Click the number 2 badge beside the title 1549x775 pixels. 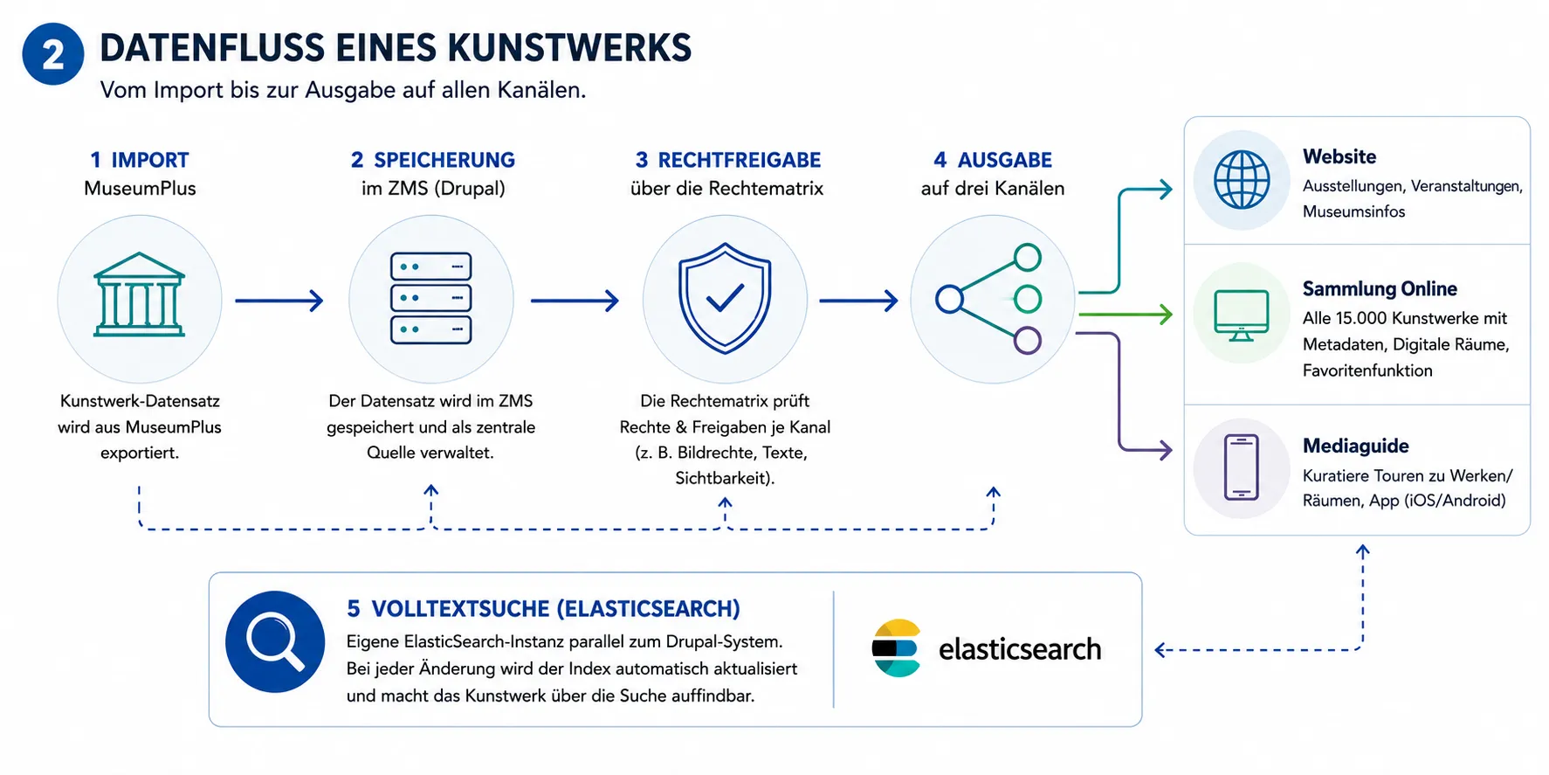point(53,54)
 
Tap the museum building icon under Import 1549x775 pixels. point(140,295)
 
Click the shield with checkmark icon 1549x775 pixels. point(725,299)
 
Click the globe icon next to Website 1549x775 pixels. point(1242,180)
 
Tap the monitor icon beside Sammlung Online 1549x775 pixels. point(1242,315)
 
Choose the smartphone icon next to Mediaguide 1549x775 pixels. point(1242,467)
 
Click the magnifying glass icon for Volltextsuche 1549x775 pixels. point(275,642)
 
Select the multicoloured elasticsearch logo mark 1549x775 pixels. point(895,648)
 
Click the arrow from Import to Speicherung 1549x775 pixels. point(279,301)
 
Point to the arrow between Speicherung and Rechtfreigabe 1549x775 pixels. point(575,301)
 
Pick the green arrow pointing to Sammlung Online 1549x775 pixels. point(1126,315)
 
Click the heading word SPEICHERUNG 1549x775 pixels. point(444,160)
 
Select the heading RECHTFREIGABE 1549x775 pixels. point(740,160)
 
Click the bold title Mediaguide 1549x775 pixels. point(1356,446)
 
